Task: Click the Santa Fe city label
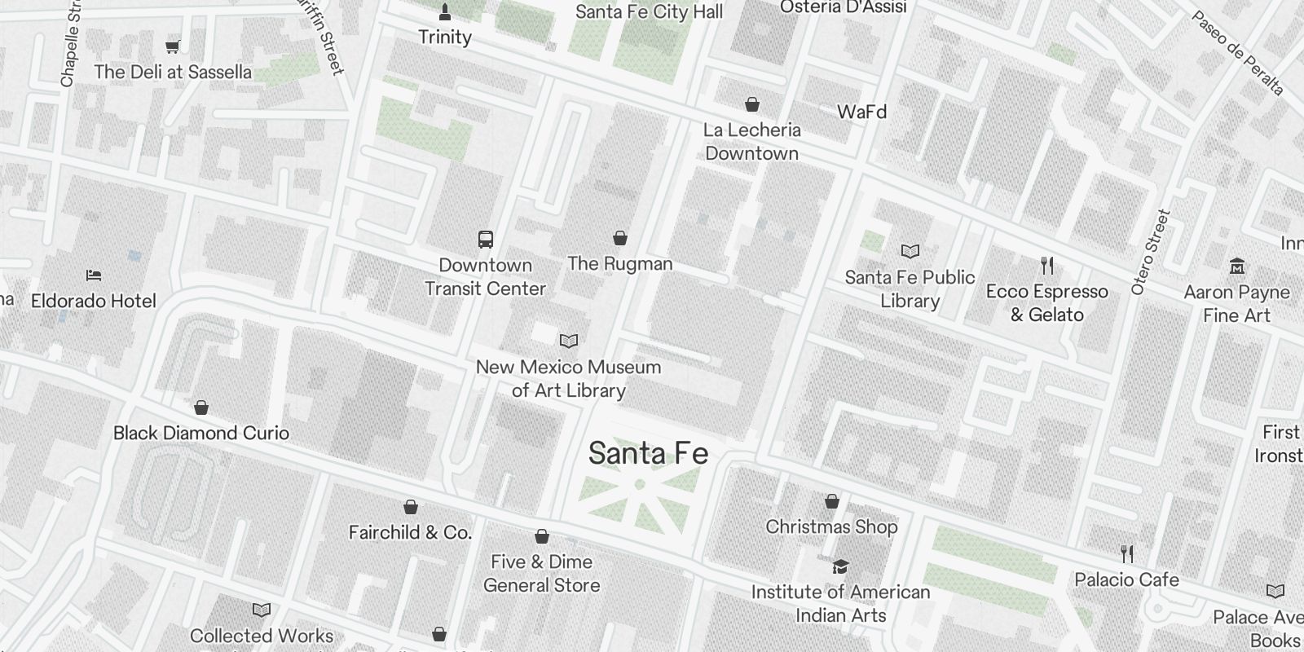click(x=648, y=453)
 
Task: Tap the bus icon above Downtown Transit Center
click(x=486, y=240)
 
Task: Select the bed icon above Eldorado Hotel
click(x=94, y=275)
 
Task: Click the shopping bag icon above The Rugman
click(x=620, y=238)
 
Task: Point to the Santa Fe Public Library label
click(x=910, y=289)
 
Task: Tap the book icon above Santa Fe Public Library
click(x=910, y=251)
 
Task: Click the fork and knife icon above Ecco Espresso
click(x=1047, y=265)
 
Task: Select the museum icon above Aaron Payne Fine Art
click(x=1237, y=266)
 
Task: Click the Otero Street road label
click(x=1150, y=252)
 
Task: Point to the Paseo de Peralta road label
click(x=1237, y=53)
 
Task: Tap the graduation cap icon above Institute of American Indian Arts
click(x=840, y=566)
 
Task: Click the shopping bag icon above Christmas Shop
click(x=832, y=500)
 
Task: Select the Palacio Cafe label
click(x=1126, y=579)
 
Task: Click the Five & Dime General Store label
click(x=542, y=573)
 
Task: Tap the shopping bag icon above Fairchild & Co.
click(x=411, y=507)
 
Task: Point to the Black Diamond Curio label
click(x=201, y=433)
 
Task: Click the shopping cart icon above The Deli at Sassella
click(x=172, y=46)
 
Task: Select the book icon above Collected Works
click(x=262, y=610)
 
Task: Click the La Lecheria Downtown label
click(x=751, y=141)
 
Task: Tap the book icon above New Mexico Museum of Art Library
click(x=569, y=341)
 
